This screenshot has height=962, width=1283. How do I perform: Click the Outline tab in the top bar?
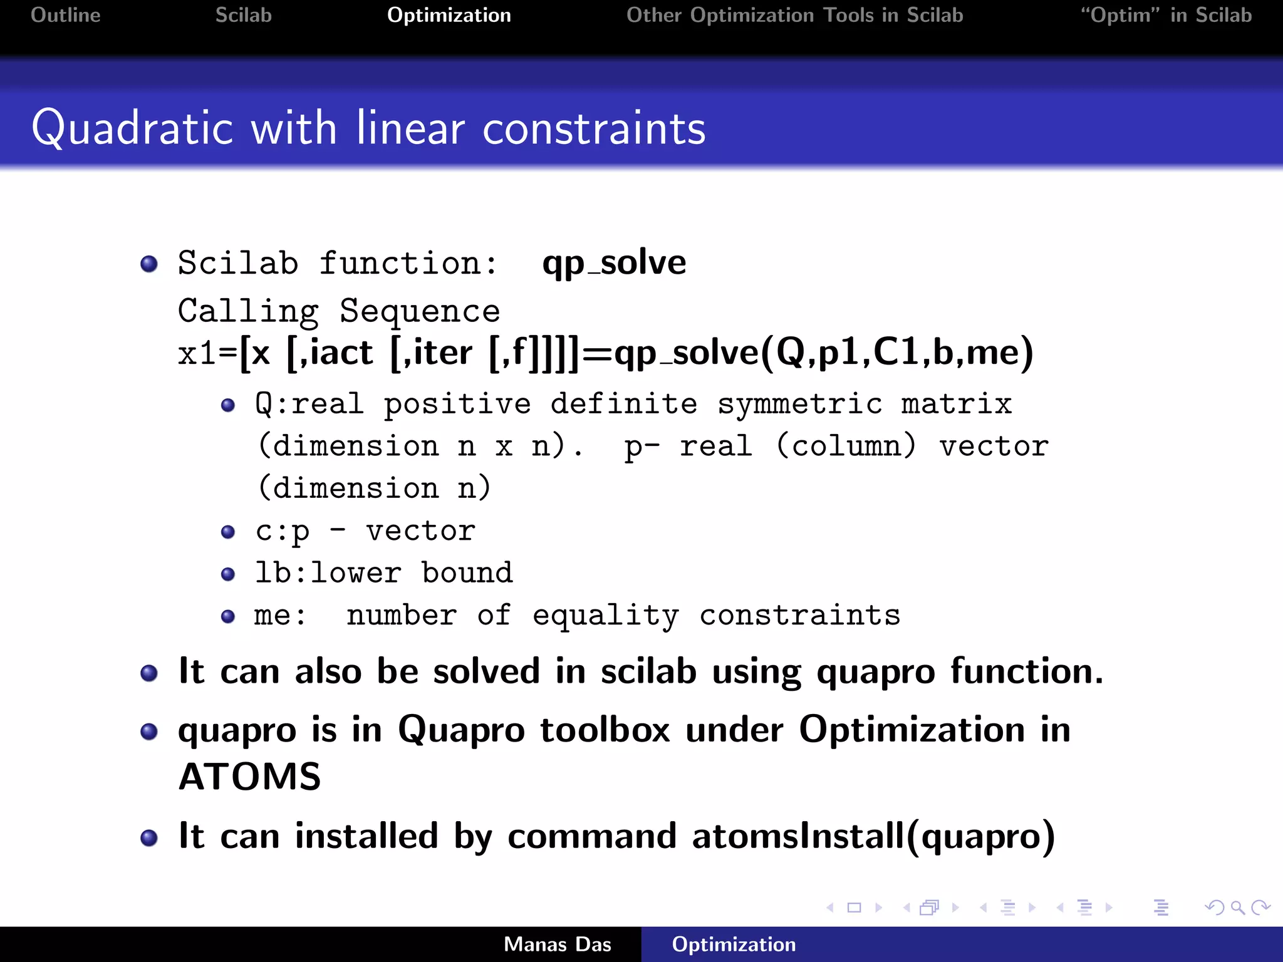pyautogui.click(x=66, y=15)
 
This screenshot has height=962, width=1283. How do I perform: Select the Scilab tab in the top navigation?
pyautogui.click(x=244, y=15)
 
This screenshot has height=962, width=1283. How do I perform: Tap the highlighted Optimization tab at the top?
pyautogui.click(x=449, y=15)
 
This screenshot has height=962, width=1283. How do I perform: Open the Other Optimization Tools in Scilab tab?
pyautogui.click(x=794, y=15)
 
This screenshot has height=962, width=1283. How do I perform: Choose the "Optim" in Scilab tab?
pyautogui.click(x=1166, y=15)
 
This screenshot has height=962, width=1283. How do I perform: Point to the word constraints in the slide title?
pyautogui.click(x=594, y=128)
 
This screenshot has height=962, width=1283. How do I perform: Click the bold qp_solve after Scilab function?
pyautogui.click(x=614, y=263)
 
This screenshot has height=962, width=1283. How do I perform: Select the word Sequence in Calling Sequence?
pyautogui.click(x=420, y=311)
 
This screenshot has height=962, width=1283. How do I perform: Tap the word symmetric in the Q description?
pyautogui.click(x=800, y=404)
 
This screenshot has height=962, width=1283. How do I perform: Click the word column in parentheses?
pyautogui.click(x=846, y=447)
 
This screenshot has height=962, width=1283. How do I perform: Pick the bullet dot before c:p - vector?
pyautogui.click(x=229, y=532)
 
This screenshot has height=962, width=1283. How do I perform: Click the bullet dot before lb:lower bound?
pyautogui.click(x=229, y=574)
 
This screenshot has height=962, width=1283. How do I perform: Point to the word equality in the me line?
pyautogui.click(x=605, y=616)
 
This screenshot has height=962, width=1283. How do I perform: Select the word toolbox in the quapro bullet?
pyautogui.click(x=605, y=730)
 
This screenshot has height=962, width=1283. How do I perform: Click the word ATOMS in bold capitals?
pyautogui.click(x=250, y=777)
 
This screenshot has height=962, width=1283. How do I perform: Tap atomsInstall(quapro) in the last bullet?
pyautogui.click(x=873, y=836)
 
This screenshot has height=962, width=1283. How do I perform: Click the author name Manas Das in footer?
pyautogui.click(x=558, y=944)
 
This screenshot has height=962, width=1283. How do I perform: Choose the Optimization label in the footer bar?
pyautogui.click(x=734, y=944)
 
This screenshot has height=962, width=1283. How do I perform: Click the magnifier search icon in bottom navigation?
pyautogui.click(x=1237, y=908)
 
